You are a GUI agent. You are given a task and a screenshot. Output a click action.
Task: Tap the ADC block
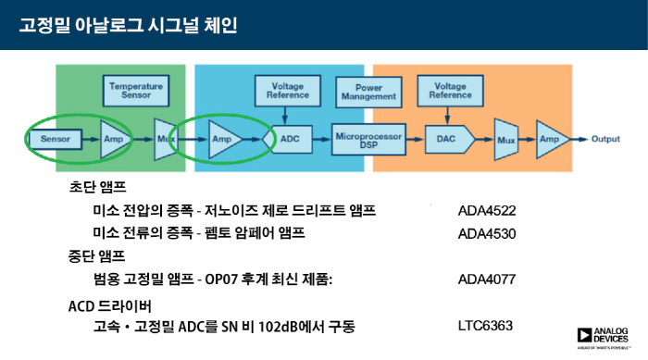click(289, 139)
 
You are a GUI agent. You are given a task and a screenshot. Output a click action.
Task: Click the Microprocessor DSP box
click(368, 139)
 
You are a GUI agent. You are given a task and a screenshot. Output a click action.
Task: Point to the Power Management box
click(368, 91)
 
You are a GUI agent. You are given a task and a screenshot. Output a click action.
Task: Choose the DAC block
click(446, 139)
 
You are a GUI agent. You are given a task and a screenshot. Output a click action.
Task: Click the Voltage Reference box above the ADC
click(288, 91)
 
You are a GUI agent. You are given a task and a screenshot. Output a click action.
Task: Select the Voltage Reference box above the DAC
click(449, 91)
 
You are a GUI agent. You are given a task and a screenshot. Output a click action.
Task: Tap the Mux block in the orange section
click(505, 139)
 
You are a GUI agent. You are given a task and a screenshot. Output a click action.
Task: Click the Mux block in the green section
click(165, 139)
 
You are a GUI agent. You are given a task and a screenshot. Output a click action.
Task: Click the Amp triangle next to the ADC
click(223, 139)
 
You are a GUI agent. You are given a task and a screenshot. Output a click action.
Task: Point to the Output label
click(605, 139)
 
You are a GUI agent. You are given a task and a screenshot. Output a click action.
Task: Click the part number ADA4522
click(487, 209)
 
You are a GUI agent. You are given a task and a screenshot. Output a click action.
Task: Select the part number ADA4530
click(487, 232)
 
